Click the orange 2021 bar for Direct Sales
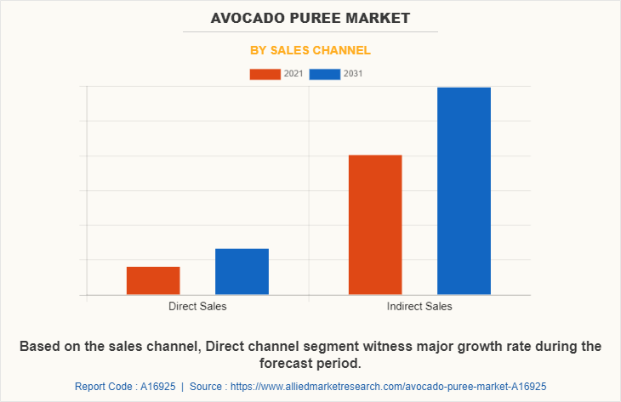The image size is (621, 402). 153,280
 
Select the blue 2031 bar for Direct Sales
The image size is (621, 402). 242,271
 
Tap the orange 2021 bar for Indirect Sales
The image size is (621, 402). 375,224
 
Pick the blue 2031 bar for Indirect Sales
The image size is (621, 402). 464,190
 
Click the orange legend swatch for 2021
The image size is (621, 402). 265,74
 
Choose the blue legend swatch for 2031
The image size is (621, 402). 325,74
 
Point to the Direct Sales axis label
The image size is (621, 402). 197,306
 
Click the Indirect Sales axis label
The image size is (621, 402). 419,306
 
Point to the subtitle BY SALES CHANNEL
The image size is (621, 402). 310,50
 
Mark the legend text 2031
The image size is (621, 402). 353,74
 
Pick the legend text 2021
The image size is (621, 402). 293,74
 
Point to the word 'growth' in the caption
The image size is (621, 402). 450,347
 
